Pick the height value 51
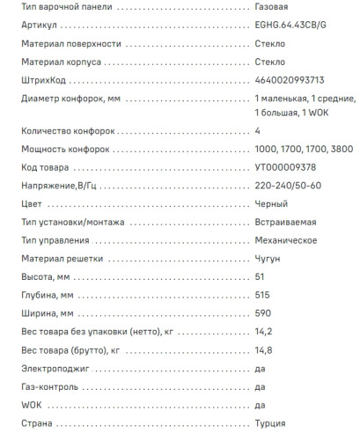[259, 277]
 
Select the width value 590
[262, 313]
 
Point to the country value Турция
[269, 423]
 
